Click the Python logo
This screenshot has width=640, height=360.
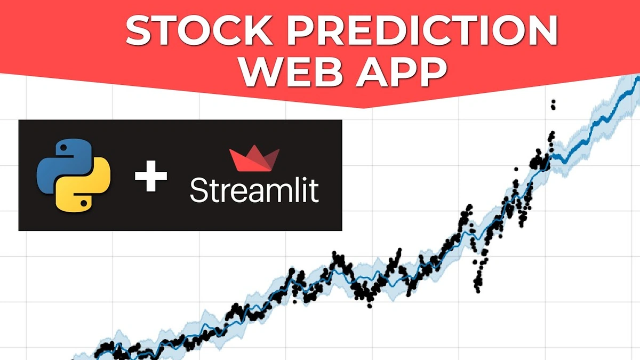point(74,175)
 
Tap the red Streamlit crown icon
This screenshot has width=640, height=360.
point(254,160)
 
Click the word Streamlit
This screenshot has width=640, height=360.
point(254,190)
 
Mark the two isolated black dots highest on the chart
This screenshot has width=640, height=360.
point(553,104)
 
